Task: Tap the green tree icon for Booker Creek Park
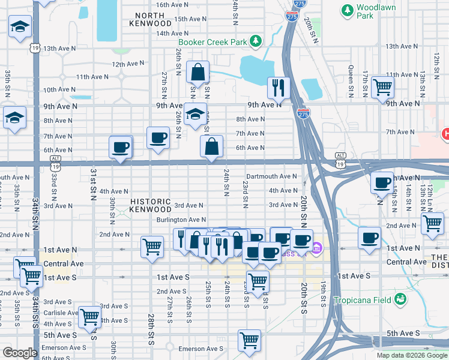256,41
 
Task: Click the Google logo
19,353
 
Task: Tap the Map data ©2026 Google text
412,355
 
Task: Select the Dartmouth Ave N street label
272,176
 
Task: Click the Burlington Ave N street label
182,220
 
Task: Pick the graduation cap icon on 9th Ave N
194,115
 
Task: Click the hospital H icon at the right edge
445,134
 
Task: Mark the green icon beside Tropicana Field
400,299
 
